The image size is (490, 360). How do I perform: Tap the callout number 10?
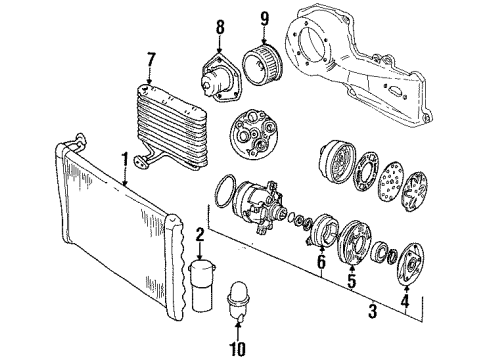click(237, 350)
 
